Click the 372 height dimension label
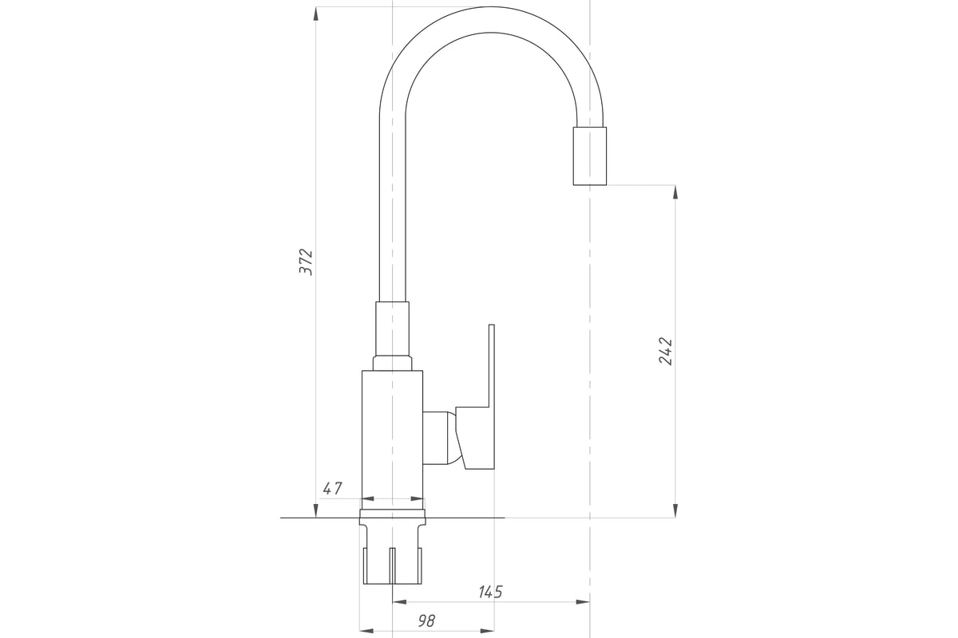coord(306,262)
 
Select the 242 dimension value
coord(665,351)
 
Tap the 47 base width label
coord(332,488)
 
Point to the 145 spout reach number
coord(490,592)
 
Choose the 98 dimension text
coord(426,621)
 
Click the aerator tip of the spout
coord(590,156)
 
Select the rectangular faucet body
coord(392,439)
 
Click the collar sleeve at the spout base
coord(392,329)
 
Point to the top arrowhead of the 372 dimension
coord(315,14)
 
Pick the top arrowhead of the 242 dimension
coord(675,192)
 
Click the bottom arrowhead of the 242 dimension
coord(675,510)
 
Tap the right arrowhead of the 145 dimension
coord(583,602)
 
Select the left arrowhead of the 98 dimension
coord(366,631)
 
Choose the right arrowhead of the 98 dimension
coord(488,631)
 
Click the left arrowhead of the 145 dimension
coord(399,602)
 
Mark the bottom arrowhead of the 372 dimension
coord(315,510)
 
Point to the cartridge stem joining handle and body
coord(440,438)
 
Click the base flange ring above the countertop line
coord(392,514)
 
